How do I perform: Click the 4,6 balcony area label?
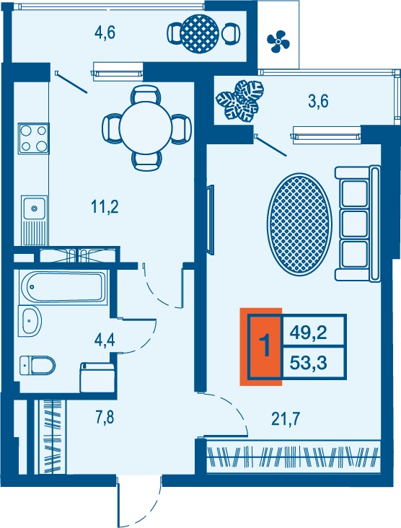pos(105,33)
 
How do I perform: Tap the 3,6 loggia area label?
pos(318,101)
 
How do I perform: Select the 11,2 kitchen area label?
pos(105,206)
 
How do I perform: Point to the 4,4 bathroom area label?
pos(105,340)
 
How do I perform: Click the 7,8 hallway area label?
pos(105,417)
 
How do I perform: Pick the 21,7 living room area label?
pos(286,419)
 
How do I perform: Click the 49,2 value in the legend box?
pos(309,333)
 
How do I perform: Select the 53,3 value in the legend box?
pos(309,363)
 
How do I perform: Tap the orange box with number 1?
pos(261,346)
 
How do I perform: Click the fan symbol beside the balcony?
pos(278,42)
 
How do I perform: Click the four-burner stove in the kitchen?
pos(34,138)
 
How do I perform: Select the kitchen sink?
pos(34,221)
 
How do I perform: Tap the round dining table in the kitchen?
pos(146,128)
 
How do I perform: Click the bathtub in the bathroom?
pos(63,287)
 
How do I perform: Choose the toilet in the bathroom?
pos(37,366)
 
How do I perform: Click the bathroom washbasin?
pos(30,321)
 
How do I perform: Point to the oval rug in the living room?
pos(299,224)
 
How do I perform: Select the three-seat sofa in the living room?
pos(357,224)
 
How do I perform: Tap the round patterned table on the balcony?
pos(199,33)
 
